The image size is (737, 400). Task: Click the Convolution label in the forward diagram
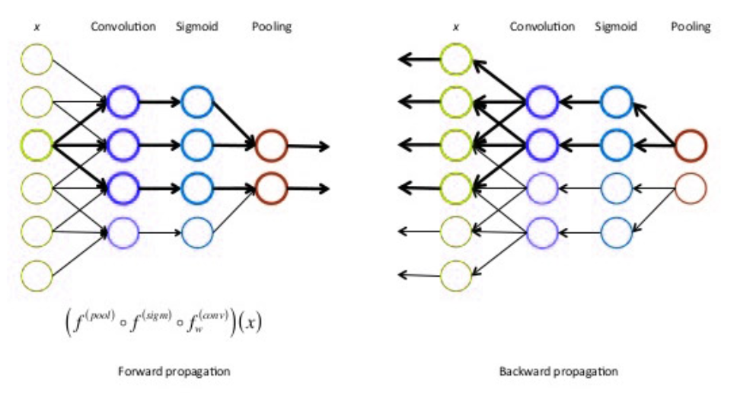123,27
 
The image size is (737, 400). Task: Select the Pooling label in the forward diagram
272,27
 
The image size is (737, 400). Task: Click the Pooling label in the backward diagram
691,27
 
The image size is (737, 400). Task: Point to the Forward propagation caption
174,372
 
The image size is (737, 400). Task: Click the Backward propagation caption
559,372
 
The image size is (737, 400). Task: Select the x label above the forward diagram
37,27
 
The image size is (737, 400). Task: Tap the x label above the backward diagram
456,27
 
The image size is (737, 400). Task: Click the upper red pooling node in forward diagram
271,146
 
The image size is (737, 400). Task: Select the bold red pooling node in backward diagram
690,146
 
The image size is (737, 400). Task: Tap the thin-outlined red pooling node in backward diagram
690,187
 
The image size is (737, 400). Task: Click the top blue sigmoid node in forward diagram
196,101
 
